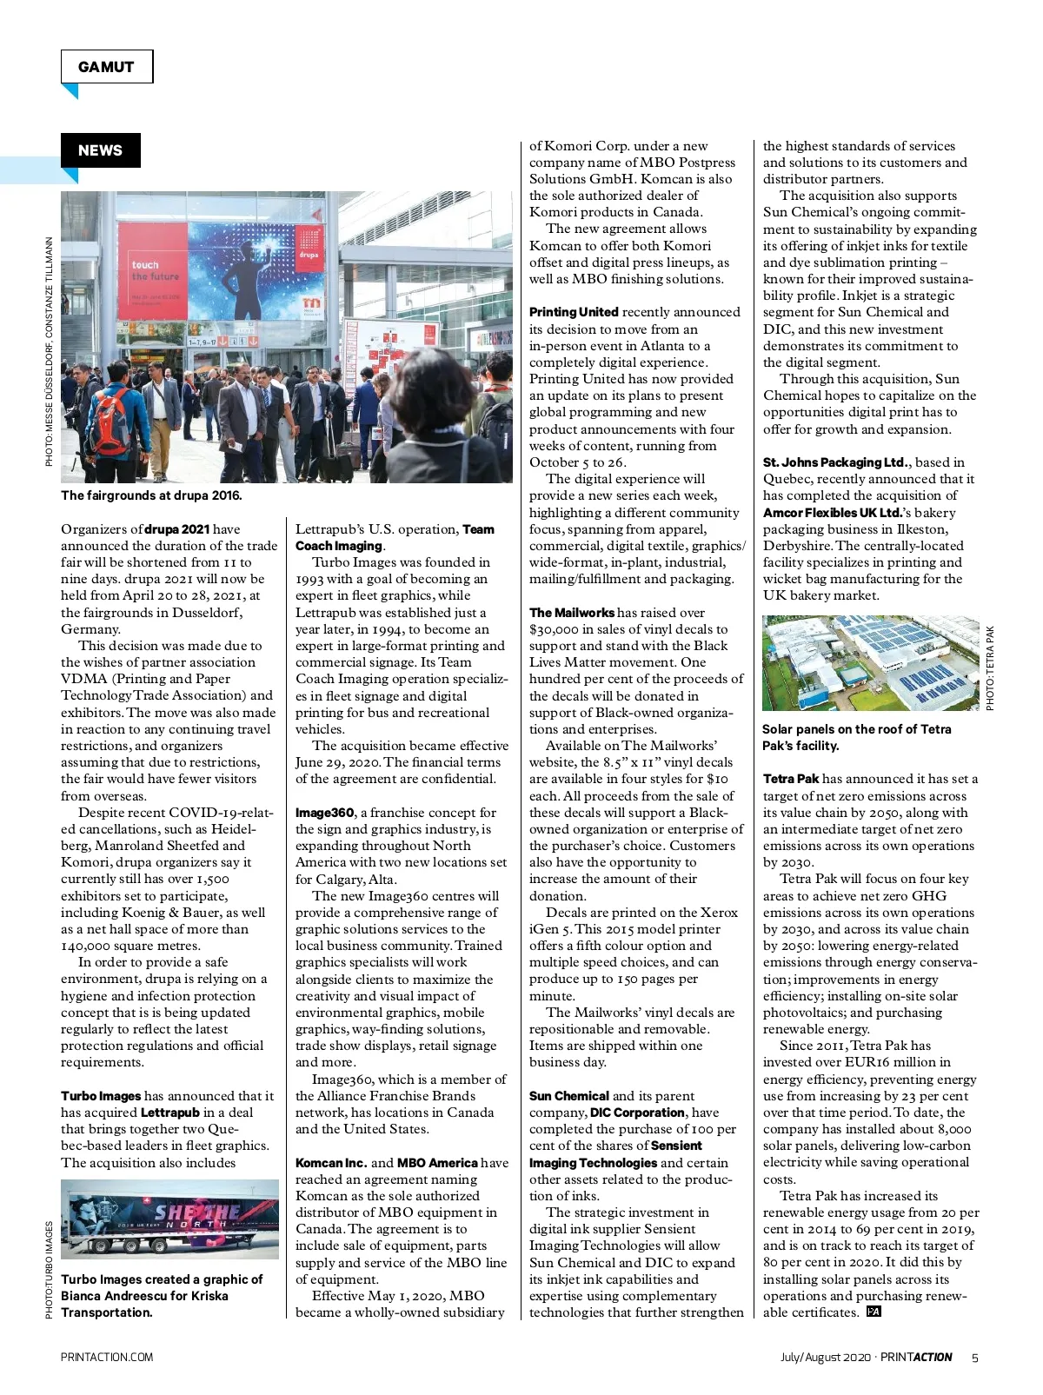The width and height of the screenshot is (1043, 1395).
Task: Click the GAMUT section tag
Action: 106,67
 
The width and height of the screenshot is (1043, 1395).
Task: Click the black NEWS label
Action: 100,150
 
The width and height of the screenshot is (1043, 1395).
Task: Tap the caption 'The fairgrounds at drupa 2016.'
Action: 151,495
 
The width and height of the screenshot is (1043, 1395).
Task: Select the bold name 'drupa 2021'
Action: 176,529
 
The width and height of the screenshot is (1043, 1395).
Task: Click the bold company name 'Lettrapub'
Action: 169,1113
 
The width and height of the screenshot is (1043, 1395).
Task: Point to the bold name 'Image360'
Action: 324,813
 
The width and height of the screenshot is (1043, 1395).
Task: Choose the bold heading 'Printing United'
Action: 574,312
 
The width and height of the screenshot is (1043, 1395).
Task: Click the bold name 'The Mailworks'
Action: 571,613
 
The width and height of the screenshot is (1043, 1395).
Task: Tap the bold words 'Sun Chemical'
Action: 568,1096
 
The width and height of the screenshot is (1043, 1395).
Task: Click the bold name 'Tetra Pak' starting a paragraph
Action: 791,779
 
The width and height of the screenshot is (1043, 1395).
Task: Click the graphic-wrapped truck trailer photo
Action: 169,1219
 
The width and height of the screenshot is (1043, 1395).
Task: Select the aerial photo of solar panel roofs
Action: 870,663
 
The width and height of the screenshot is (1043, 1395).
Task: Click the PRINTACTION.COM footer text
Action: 107,1358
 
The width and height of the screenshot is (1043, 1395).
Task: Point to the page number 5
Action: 974,1358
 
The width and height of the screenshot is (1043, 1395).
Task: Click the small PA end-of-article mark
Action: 874,1312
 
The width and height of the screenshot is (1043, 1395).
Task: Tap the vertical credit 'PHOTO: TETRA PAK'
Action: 990,668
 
